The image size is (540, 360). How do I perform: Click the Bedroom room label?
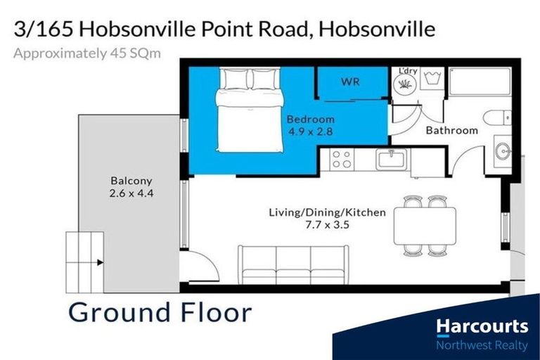click(310, 119)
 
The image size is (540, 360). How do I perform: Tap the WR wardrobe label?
click(350, 82)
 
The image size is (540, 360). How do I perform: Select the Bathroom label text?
click(451, 130)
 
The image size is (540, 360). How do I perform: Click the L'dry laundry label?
click(408, 72)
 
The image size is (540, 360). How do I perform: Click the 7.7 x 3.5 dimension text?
click(328, 225)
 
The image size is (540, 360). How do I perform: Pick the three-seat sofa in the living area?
click(293, 263)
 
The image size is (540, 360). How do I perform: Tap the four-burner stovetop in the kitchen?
click(342, 160)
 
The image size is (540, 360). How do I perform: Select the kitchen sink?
click(389, 160)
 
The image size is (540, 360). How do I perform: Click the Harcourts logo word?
click(482, 326)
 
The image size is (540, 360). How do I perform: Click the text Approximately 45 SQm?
click(87, 53)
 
